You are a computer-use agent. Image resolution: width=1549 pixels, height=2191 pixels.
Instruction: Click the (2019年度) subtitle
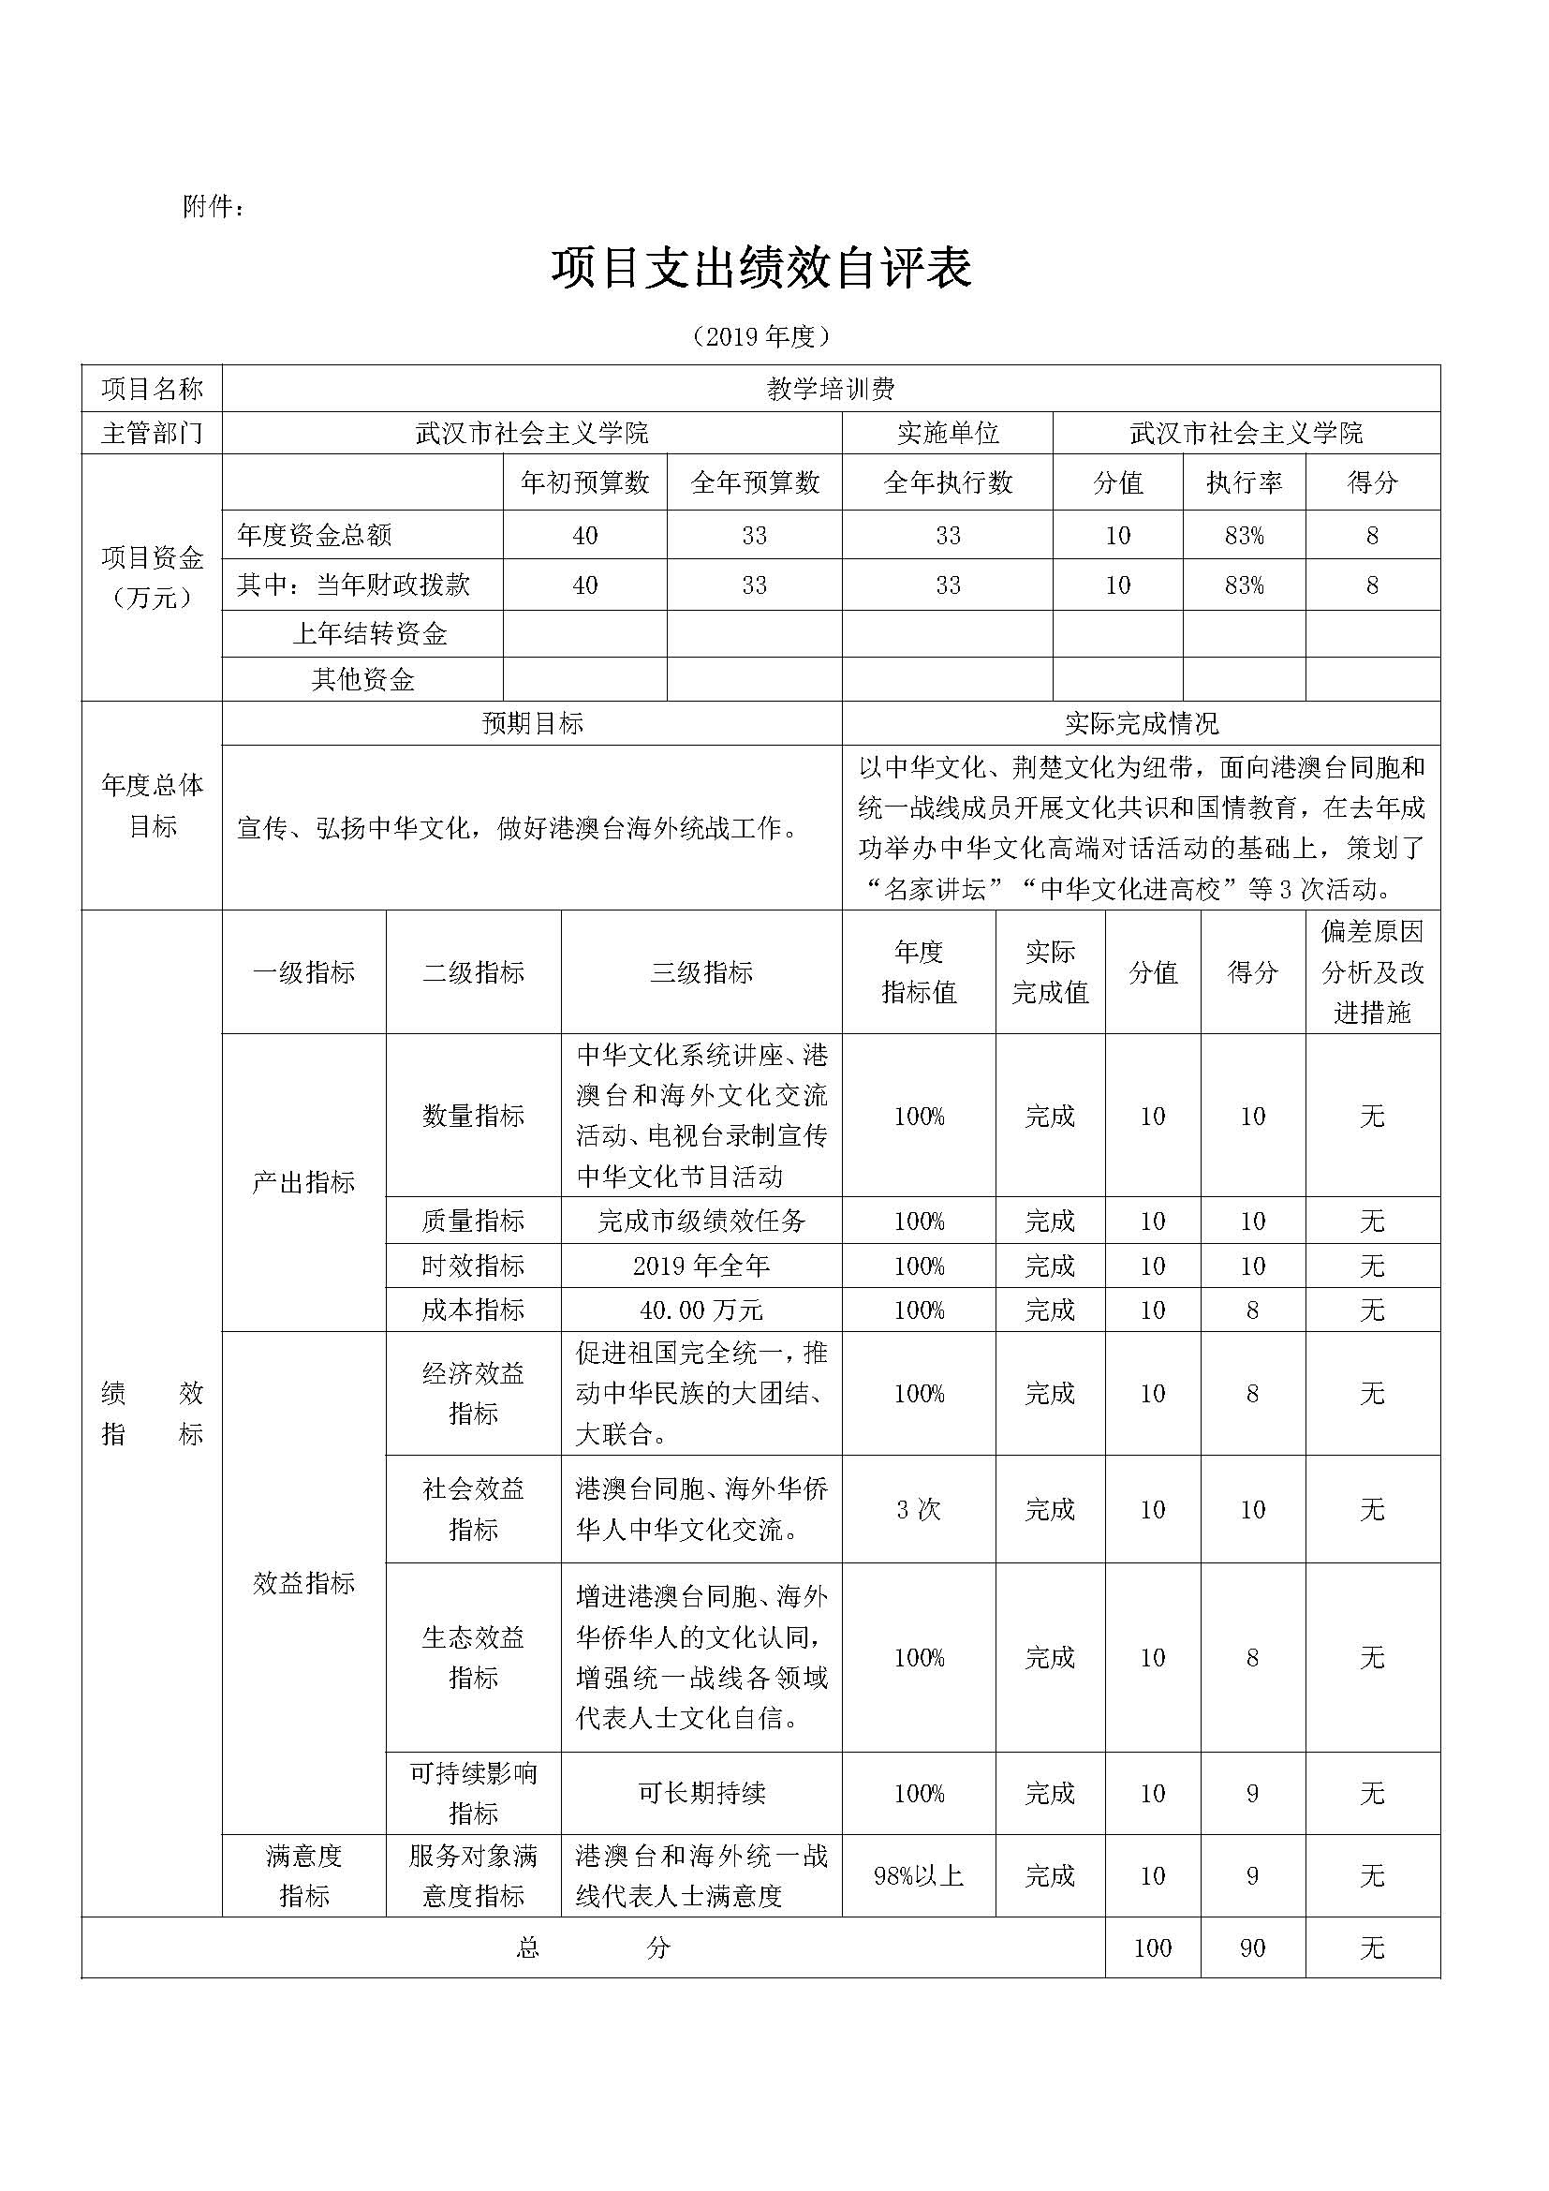point(760,336)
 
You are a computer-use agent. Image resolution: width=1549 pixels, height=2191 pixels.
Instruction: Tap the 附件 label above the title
point(213,206)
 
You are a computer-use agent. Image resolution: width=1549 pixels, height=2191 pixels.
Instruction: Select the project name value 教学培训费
point(830,389)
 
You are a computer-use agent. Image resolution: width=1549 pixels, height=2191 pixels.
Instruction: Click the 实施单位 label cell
point(947,434)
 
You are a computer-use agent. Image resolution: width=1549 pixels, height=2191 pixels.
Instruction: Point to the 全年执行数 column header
point(947,482)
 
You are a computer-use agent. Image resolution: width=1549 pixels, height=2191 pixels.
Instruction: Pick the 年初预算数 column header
point(584,482)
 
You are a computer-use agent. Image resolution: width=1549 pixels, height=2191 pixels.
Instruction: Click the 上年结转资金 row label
point(369,633)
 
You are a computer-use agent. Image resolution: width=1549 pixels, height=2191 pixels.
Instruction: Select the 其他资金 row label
point(362,679)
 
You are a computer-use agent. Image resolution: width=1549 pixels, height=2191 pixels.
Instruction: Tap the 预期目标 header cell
point(532,724)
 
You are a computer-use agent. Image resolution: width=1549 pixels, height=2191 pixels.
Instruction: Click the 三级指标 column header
point(701,972)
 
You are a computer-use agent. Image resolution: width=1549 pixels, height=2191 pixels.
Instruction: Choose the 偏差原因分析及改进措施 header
point(1372,971)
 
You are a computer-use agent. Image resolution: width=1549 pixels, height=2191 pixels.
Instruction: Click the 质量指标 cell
point(473,1221)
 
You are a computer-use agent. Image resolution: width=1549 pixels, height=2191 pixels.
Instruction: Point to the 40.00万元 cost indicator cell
point(701,1310)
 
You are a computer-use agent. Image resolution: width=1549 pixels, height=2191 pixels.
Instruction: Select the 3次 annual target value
point(919,1510)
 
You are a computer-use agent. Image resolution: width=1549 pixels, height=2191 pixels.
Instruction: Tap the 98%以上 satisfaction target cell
point(919,1876)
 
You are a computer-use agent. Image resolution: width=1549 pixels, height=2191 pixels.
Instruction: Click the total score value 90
point(1252,1948)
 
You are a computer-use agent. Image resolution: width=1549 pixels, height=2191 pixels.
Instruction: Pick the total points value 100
point(1152,1948)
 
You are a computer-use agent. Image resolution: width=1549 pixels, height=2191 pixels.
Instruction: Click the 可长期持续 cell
point(701,1793)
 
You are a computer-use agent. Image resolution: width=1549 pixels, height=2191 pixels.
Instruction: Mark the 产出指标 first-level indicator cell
point(303,1182)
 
